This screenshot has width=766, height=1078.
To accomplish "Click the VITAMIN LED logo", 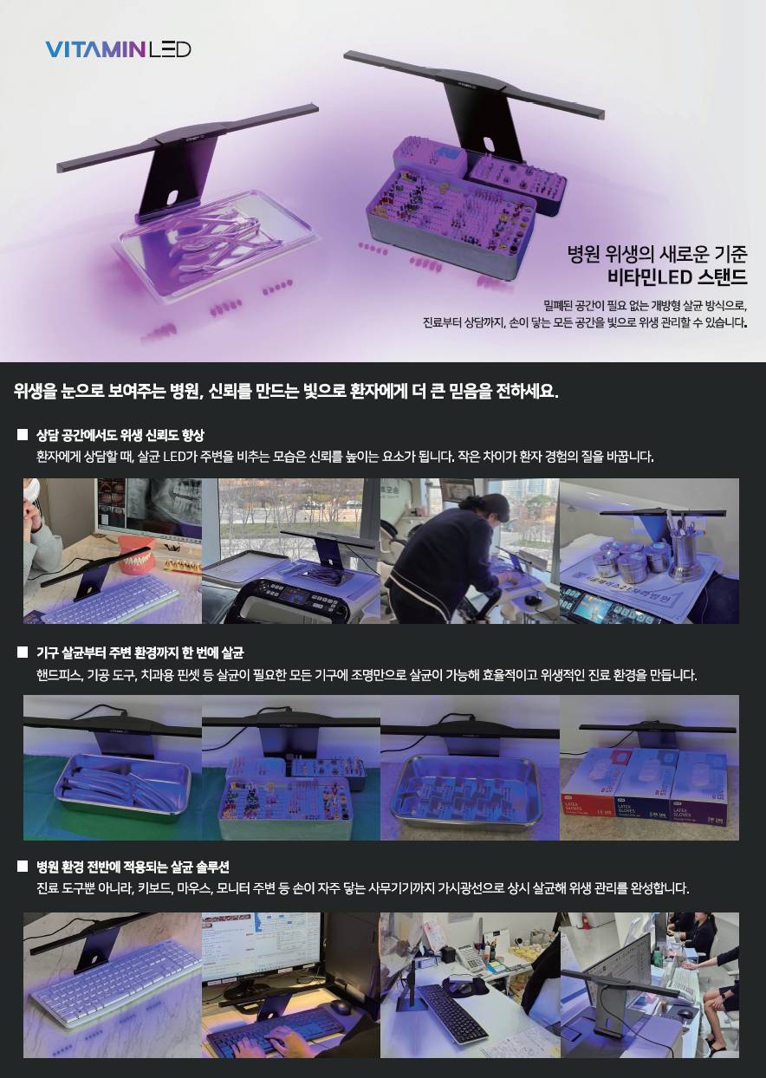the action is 119,49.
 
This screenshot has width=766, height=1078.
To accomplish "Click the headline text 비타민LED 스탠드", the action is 678,277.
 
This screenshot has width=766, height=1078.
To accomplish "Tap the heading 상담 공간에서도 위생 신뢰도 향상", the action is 120,435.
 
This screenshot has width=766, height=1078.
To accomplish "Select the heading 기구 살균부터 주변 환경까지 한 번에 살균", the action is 140,653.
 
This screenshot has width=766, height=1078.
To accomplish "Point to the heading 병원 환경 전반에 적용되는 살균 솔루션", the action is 133,867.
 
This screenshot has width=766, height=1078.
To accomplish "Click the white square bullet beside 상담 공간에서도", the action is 23,434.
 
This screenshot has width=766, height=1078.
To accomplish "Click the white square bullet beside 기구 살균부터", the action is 23,653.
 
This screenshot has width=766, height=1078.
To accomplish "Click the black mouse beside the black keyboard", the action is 341,1005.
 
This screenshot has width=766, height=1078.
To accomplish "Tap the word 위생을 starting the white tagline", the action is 36,391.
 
